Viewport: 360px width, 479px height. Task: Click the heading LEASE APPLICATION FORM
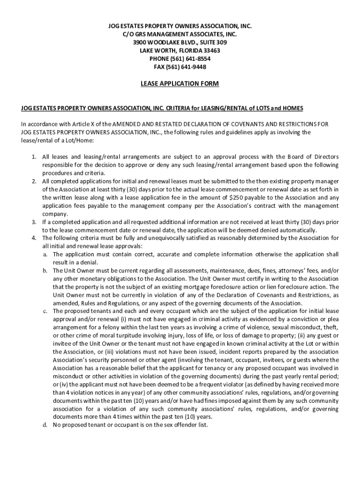180,84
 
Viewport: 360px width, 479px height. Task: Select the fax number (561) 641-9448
187,67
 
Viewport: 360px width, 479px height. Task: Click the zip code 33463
209,51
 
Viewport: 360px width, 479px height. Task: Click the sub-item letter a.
45,254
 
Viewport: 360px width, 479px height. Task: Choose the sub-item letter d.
45,425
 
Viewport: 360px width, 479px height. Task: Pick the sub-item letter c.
45,311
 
